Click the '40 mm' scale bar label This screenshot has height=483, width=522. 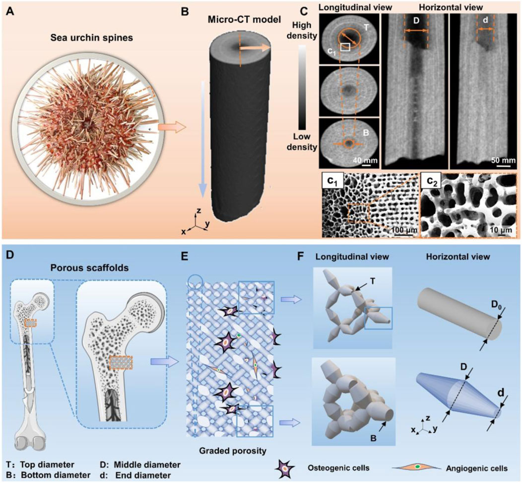click(363, 160)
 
